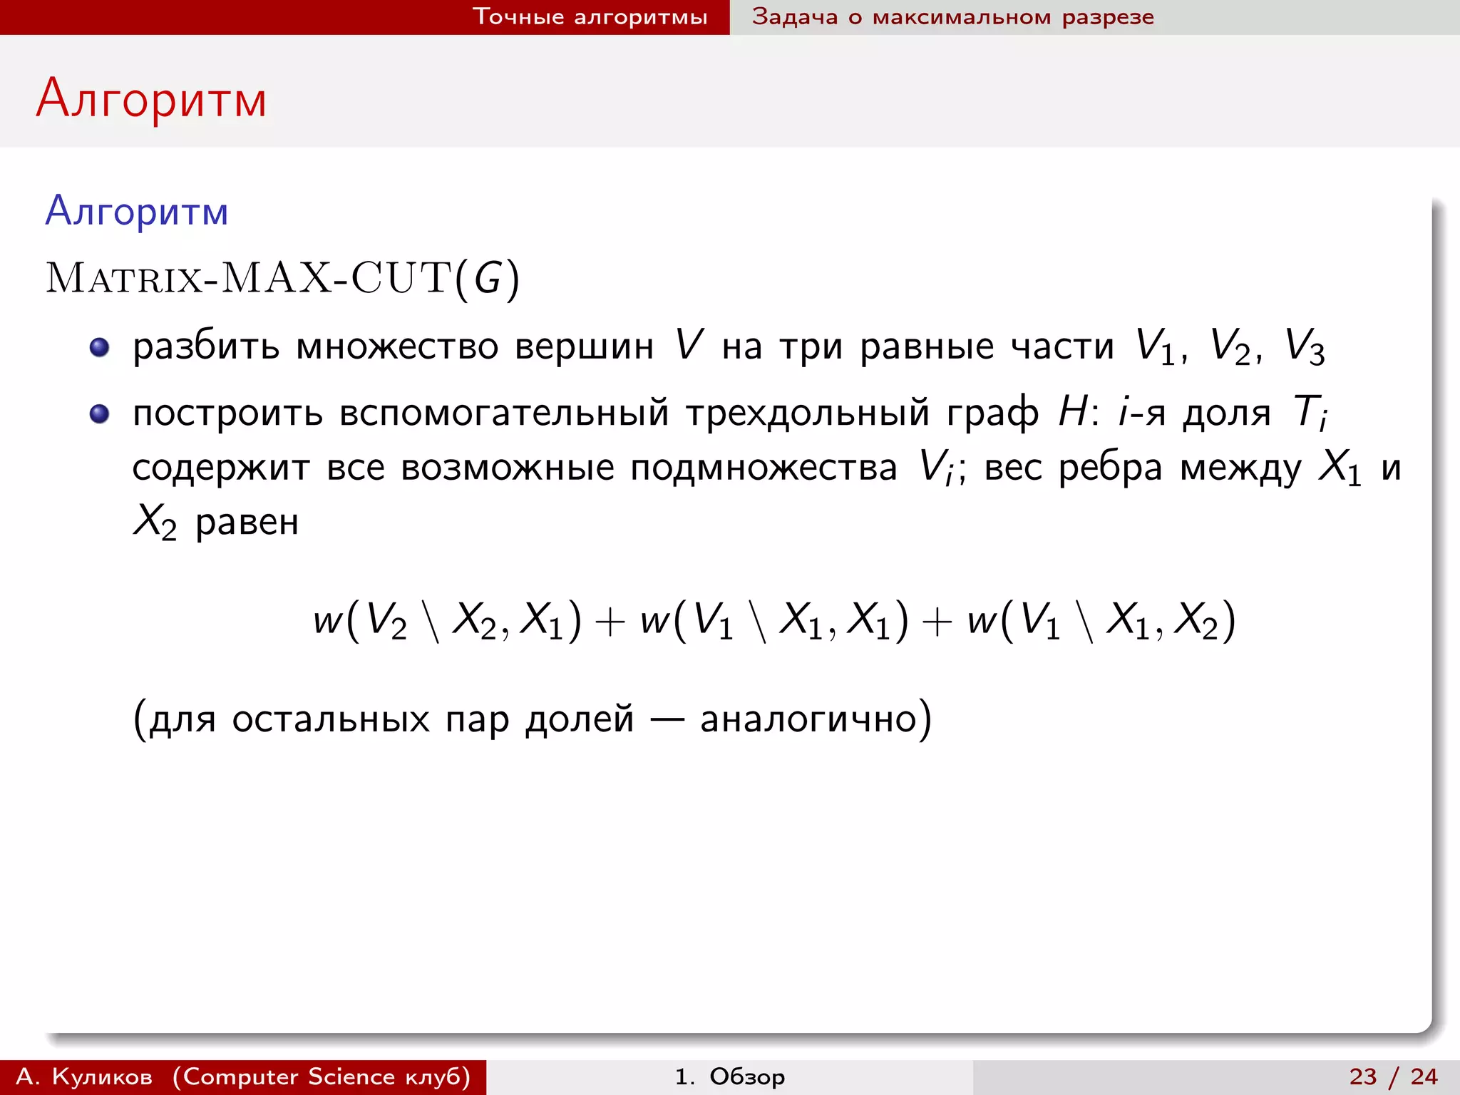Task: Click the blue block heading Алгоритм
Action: [x=137, y=212]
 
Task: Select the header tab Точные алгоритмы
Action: [x=590, y=16]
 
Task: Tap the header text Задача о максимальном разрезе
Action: [x=952, y=16]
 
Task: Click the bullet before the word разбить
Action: [x=99, y=347]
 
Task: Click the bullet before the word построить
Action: [x=99, y=413]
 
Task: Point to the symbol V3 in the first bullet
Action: [x=1304, y=347]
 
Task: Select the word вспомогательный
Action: [x=504, y=413]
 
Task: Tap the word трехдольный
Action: [x=808, y=413]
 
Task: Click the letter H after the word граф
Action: [x=1072, y=412]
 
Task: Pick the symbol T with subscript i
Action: [x=1310, y=413]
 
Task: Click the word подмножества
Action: [x=764, y=469]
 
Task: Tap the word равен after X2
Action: [x=247, y=523]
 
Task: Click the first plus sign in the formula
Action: [x=610, y=621]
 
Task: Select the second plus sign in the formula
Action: [x=937, y=621]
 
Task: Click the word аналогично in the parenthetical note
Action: [x=807, y=719]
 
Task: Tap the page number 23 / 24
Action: [x=1393, y=1076]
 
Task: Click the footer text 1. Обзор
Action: [x=729, y=1076]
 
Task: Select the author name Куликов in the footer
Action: [x=102, y=1076]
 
